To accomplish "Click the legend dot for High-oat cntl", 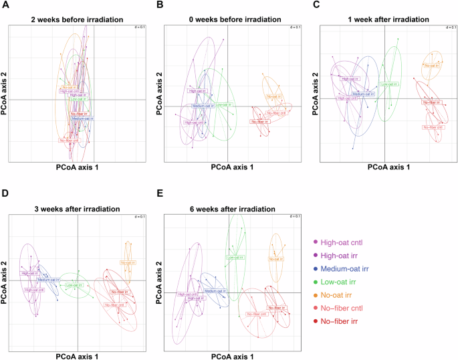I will pos(315,247).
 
